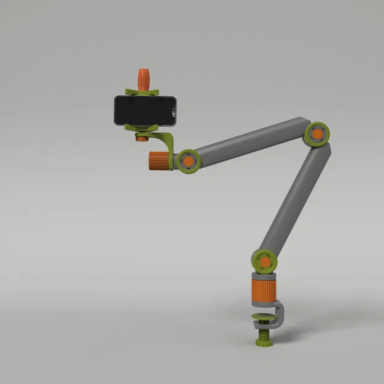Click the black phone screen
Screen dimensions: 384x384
pyautogui.click(x=143, y=111)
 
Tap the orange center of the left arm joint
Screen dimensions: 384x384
pyautogui.click(x=187, y=161)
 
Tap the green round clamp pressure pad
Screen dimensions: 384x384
pyautogui.click(x=264, y=318)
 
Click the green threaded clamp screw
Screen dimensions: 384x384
pyautogui.click(x=264, y=332)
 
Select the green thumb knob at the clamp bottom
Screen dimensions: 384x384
pyautogui.click(x=264, y=342)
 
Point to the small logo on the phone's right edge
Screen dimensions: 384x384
pyautogui.click(x=174, y=112)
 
